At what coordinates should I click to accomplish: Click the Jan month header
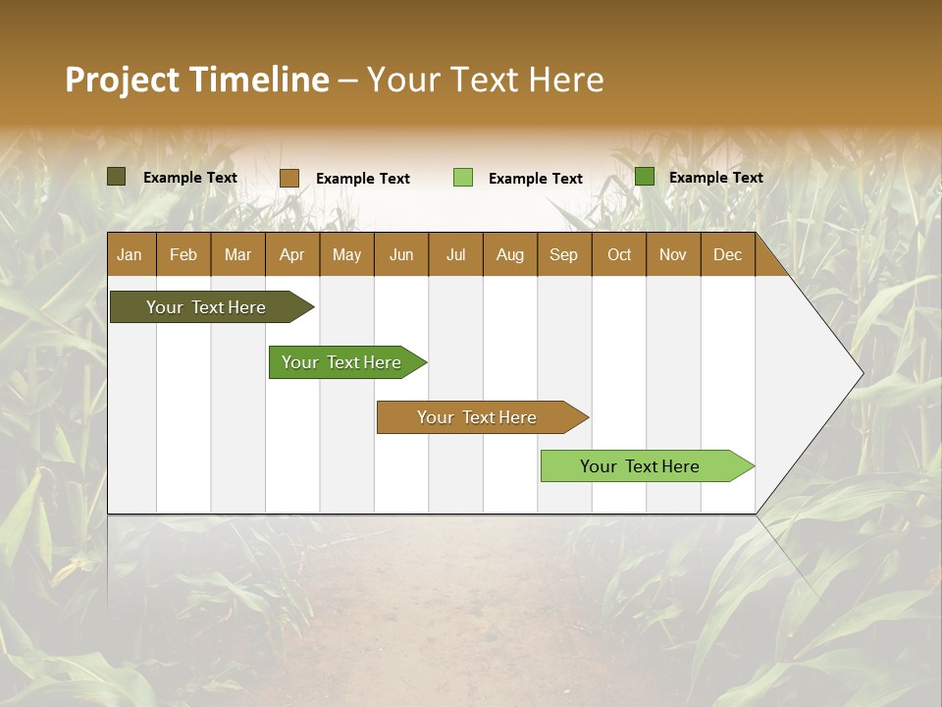point(130,254)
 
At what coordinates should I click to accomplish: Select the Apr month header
point(291,254)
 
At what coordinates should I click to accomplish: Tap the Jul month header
point(455,254)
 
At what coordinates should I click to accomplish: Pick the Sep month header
point(563,254)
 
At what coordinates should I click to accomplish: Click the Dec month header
point(727,254)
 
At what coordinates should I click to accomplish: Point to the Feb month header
point(183,254)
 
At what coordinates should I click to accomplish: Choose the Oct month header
point(619,254)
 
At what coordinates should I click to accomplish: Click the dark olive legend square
point(117,177)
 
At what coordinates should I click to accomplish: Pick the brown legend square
point(289,178)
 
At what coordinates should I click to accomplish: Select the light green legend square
point(463,178)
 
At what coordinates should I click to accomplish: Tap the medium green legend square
point(645,177)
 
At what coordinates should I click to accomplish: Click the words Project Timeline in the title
point(197,80)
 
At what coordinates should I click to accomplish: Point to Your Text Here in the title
point(485,80)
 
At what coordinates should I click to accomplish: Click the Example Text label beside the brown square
point(363,179)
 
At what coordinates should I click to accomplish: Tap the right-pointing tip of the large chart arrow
point(860,372)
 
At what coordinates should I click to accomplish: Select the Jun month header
point(400,254)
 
